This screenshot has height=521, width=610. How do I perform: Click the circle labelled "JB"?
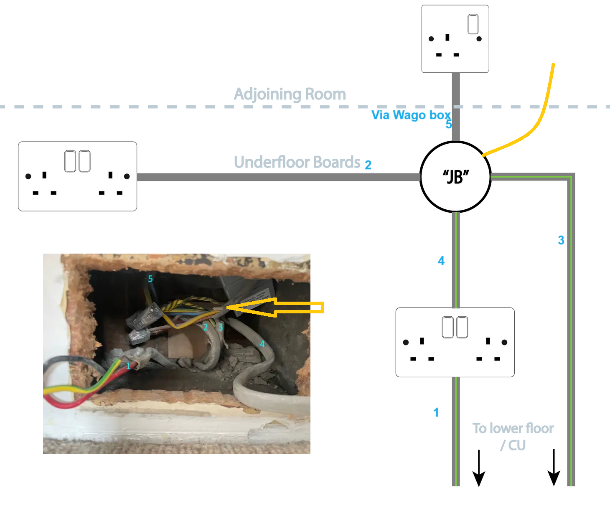click(x=455, y=177)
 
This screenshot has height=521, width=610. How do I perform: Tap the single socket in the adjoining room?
click(x=455, y=39)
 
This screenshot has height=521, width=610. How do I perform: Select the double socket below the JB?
click(x=455, y=342)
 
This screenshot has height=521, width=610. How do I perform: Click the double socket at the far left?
click(x=77, y=176)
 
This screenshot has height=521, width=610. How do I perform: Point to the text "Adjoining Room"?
click(x=290, y=94)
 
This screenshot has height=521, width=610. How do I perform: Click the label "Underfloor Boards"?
click(x=297, y=162)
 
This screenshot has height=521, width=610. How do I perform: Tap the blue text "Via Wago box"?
click(x=411, y=115)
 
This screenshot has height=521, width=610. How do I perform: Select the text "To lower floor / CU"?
click(x=513, y=437)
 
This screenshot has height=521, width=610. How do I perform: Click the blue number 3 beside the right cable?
click(x=561, y=240)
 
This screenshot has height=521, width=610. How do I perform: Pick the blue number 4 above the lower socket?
click(x=441, y=261)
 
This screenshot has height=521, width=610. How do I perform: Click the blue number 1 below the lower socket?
click(x=436, y=413)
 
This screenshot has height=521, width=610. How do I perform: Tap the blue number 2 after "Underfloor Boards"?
click(x=368, y=165)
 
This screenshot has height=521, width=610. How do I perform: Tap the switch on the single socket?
click(x=473, y=24)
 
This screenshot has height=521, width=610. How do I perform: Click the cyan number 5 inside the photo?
click(x=150, y=279)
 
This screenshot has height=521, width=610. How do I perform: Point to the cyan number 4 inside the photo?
click(x=262, y=344)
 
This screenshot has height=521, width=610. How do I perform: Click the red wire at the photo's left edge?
click(x=63, y=402)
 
